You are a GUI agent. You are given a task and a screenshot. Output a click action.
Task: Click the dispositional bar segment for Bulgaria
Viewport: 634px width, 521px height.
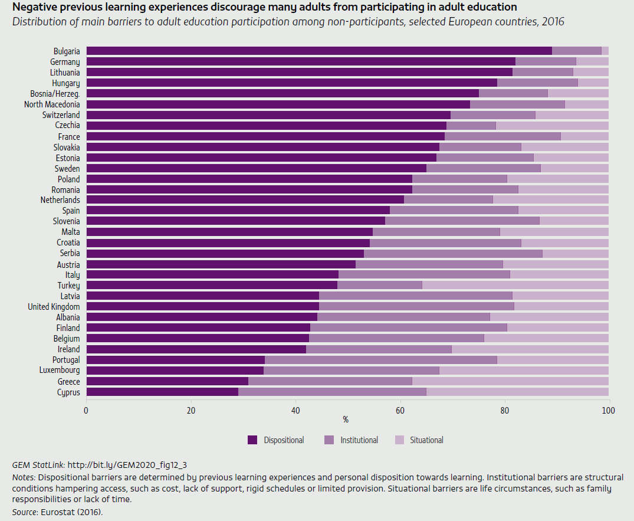point(318,51)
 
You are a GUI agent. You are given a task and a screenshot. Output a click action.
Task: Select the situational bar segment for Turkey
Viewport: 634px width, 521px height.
point(515,285)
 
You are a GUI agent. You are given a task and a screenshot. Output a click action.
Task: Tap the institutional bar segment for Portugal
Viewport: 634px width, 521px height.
point(381,360)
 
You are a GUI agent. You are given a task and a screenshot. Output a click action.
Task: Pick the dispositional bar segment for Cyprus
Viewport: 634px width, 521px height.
point(162,392)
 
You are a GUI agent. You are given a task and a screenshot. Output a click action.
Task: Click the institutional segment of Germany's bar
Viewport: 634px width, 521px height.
point(546,61)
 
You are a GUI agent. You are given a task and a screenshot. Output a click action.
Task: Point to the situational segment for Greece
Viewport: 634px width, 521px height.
point(510,381)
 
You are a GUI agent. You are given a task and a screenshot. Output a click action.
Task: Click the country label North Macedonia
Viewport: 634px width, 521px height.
point(52,104)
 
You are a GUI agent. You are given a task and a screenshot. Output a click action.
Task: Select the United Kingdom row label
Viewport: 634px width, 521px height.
point(54,306)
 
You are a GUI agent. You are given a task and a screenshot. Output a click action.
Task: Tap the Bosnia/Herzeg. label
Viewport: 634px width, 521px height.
point(55,93)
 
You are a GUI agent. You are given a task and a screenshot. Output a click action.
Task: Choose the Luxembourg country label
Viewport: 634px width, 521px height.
point(60,371)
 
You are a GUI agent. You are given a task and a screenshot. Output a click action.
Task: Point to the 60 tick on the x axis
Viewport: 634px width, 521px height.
point(400,410)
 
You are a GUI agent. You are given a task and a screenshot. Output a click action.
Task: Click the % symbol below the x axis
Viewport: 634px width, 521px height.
point(346,420)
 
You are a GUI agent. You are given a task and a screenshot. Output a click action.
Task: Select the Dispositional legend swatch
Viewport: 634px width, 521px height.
point(253,440)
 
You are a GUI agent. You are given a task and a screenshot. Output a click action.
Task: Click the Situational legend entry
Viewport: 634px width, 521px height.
point(426,440)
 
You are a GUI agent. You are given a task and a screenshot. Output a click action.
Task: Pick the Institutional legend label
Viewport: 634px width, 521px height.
point(359,440)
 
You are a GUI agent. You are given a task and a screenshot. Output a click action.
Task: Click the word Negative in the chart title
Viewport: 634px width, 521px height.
point(33,8)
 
